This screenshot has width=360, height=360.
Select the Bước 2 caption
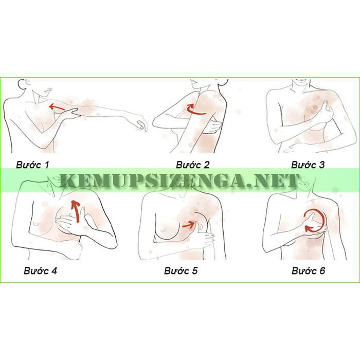[193, 165]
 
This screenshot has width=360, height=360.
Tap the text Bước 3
[308, 165]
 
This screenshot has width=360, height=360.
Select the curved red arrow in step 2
[195, 110]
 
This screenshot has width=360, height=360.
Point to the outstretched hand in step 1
[138, 122]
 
